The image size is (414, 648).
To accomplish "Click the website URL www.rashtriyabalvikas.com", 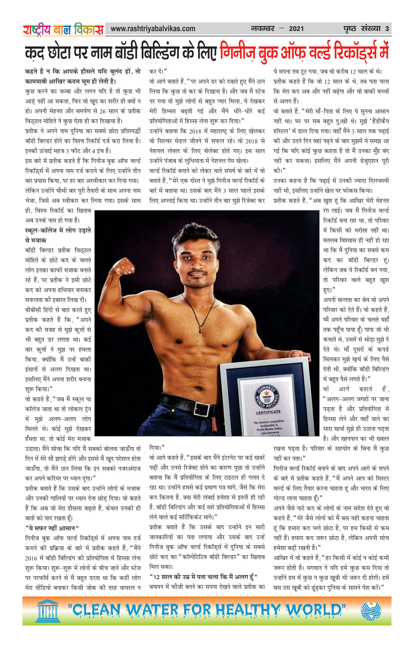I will [153, 29].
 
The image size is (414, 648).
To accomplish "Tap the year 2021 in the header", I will [296, 29].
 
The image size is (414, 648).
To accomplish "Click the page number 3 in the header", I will [387, 29].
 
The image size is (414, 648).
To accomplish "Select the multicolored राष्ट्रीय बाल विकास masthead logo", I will [63, 30].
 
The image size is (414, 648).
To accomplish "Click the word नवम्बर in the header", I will [263, 29].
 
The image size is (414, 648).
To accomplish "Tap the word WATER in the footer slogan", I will [152, 611].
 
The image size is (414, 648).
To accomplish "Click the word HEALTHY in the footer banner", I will [247, 611].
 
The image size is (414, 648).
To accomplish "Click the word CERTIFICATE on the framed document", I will [268, 412].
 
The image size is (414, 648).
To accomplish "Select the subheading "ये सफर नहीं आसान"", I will [52, 528].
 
